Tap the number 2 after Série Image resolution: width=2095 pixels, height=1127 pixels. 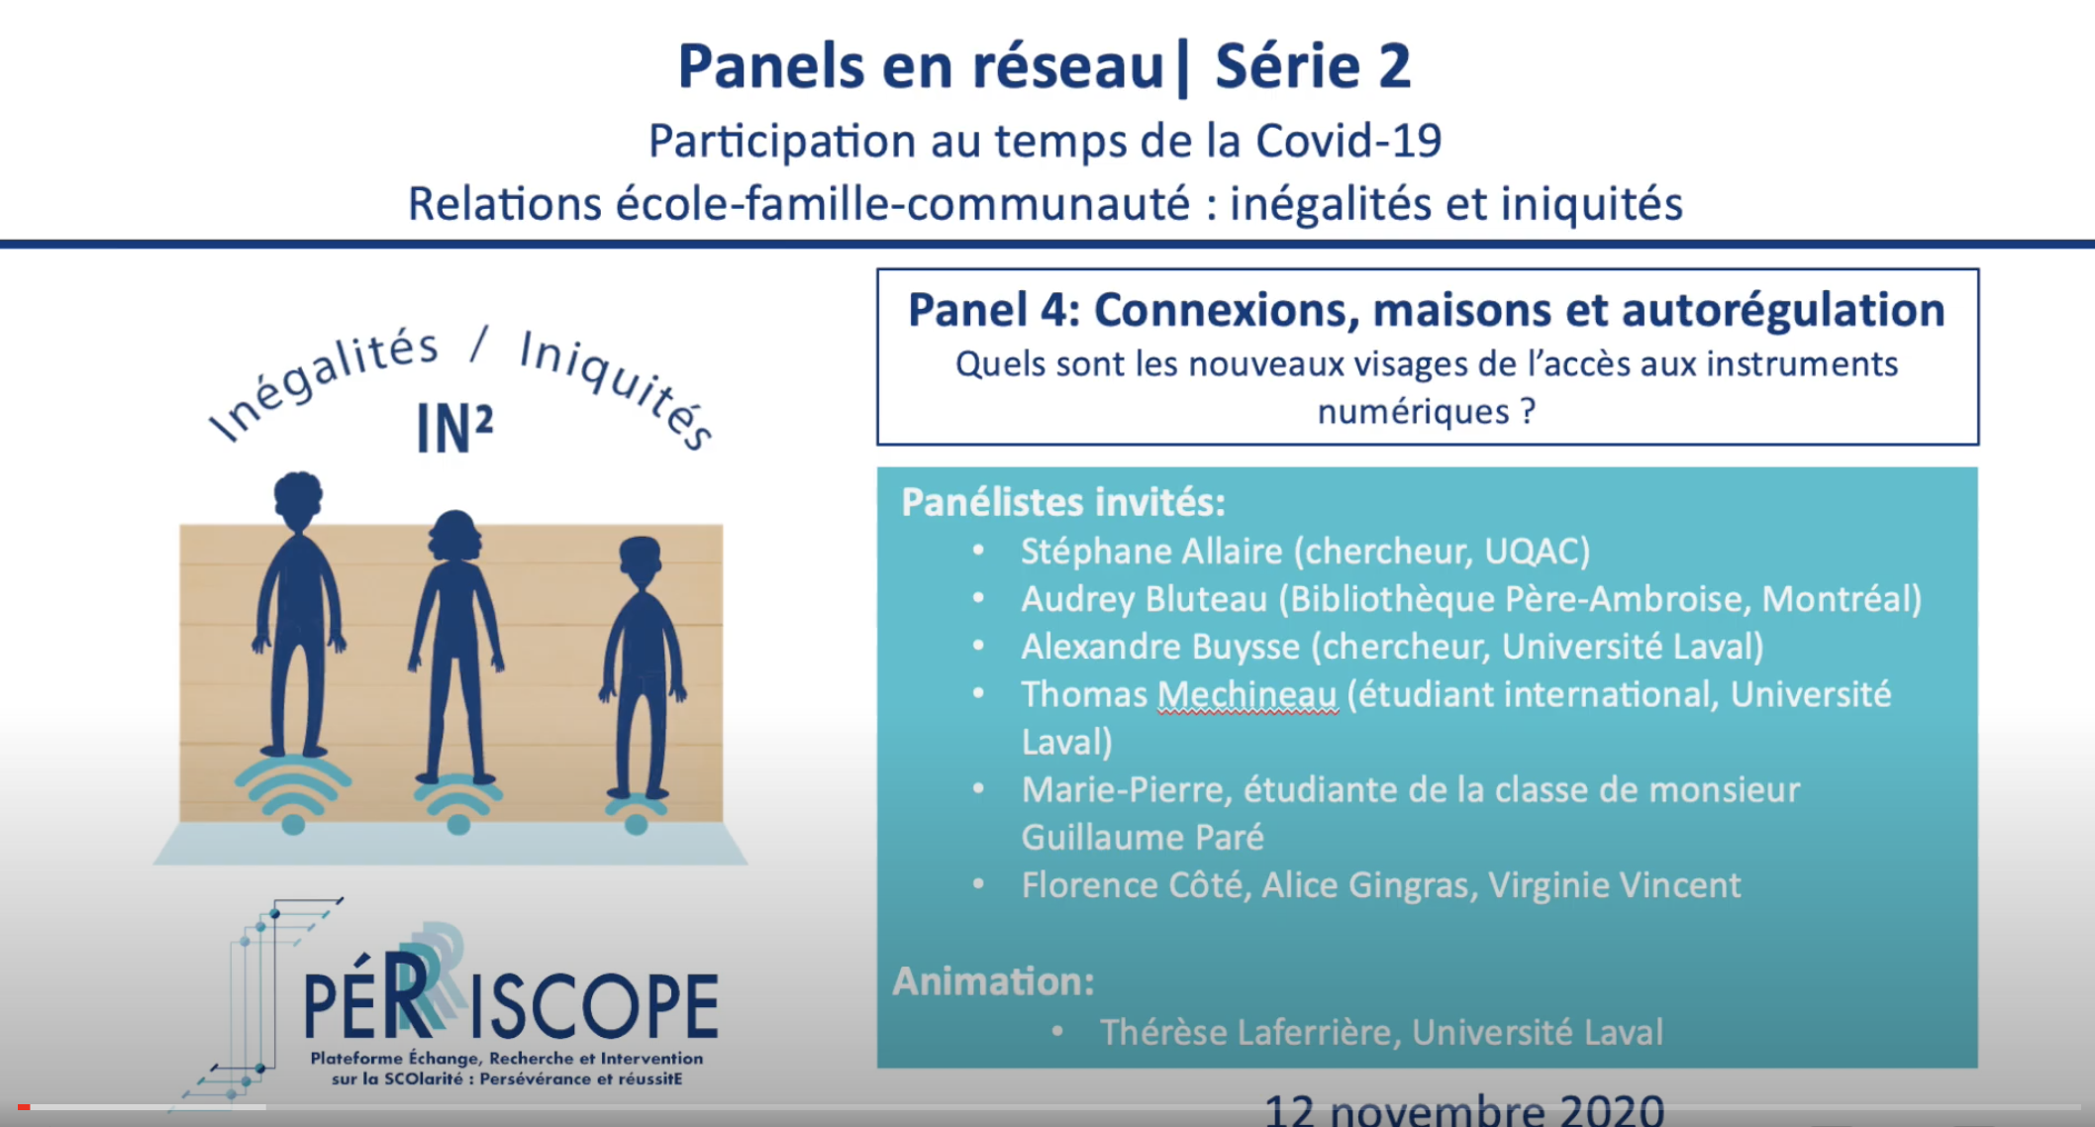pos(1393,66)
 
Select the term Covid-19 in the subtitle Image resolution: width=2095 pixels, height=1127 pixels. pos(1348,141)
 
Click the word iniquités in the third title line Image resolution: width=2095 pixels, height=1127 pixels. pos(1591,204)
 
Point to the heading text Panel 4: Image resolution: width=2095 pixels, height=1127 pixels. pos(993,310)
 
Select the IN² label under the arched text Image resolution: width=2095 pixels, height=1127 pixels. pos(454,429)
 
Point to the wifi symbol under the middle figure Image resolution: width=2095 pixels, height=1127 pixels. pos(458,803)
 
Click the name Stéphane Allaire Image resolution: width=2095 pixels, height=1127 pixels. pos(1151,551)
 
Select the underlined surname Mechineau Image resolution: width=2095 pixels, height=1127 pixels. pos(1247,695)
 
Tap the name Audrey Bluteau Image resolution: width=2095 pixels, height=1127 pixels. pos(1144,599)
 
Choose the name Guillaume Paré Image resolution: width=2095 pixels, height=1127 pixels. pos(1143,838)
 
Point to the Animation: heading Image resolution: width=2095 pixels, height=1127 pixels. pos(993,981)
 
